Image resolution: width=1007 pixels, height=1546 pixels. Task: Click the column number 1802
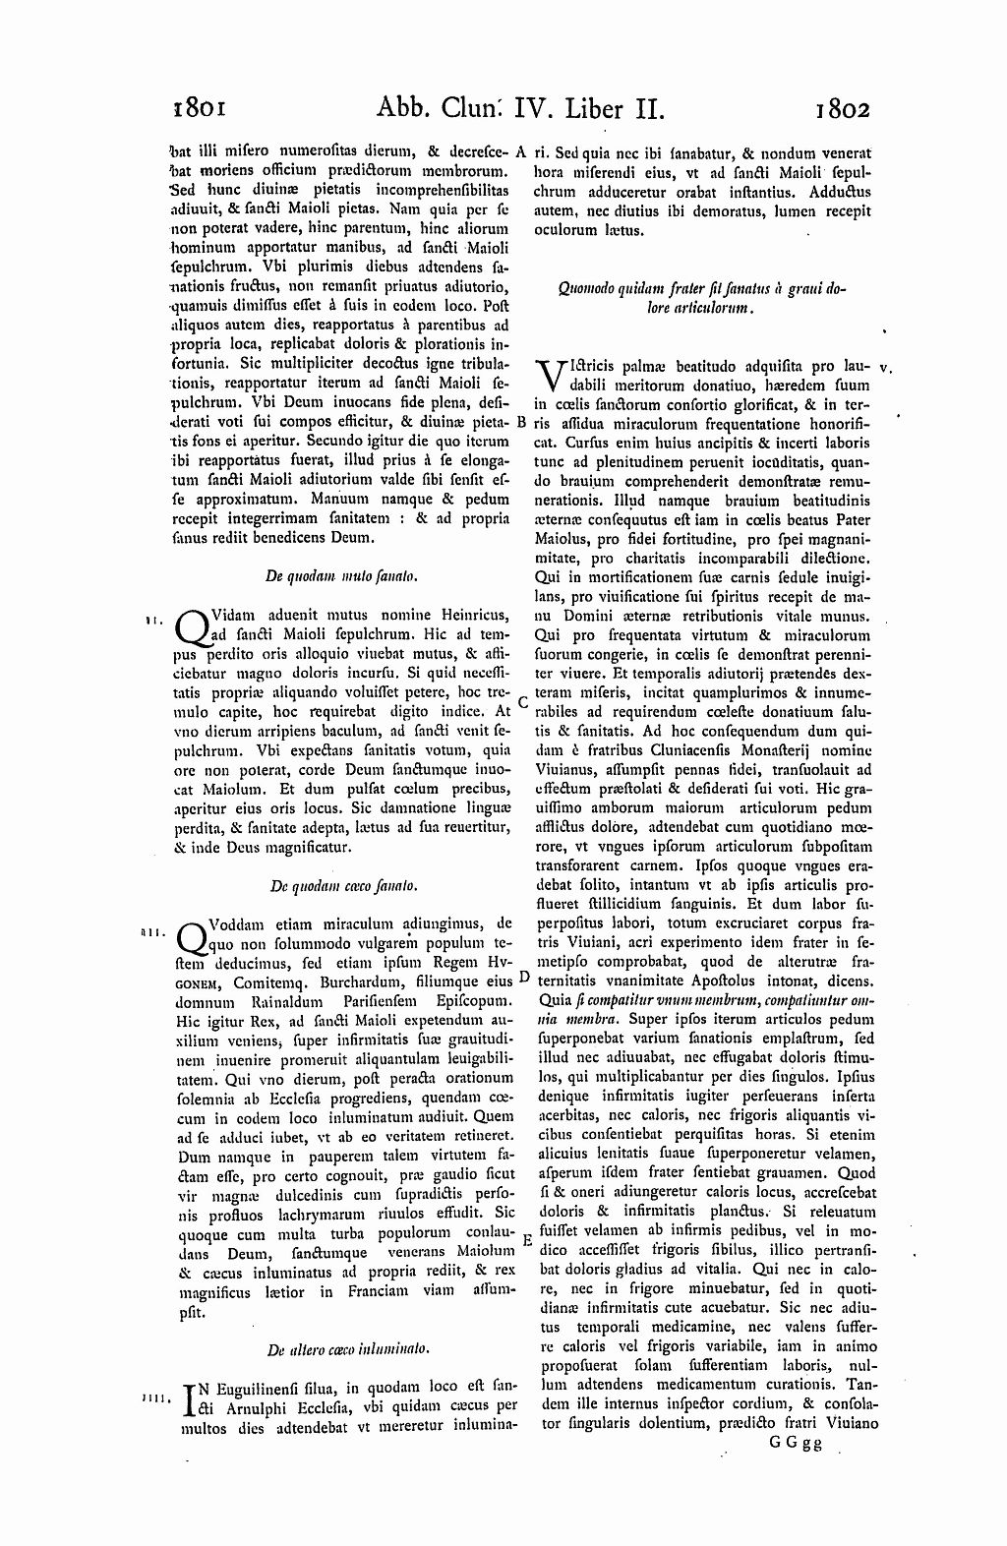[843, 106]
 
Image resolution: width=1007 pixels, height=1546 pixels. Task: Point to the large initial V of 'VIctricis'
[550, 375]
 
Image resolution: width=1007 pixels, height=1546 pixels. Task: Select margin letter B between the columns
[522, 422]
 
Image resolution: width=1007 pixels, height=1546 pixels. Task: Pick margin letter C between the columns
[523, 703]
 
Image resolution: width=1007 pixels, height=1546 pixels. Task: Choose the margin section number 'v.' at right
[885, 367]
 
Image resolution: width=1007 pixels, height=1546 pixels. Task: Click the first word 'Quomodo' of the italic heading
[584, 289]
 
